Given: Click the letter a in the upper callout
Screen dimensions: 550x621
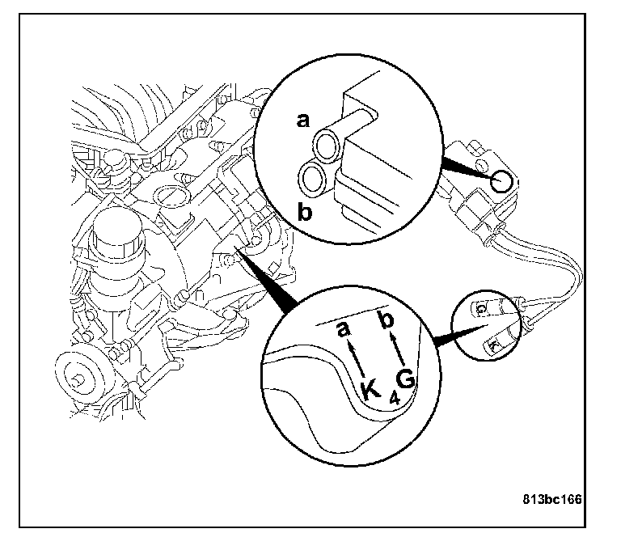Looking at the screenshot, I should pyautogui.click(x=303, y=121).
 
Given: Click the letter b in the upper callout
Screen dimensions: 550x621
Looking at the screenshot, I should pyautogui.click(x=305, y=213).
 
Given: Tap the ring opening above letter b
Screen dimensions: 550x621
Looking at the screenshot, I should pyautogui.click(x=312, y=176).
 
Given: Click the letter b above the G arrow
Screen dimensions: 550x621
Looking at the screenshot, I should pyautogui.click(x=387, y=322).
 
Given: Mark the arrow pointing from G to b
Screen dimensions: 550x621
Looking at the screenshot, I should pyautogui.click(x=397, y=350).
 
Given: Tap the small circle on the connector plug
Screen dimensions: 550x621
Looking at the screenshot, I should pyautogui.click(x=502, y=181).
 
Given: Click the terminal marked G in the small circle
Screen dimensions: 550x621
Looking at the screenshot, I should pyautogui.click(x=481, y=309).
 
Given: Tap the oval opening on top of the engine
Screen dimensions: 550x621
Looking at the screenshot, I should pyautogui.click(x=171, y=195).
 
